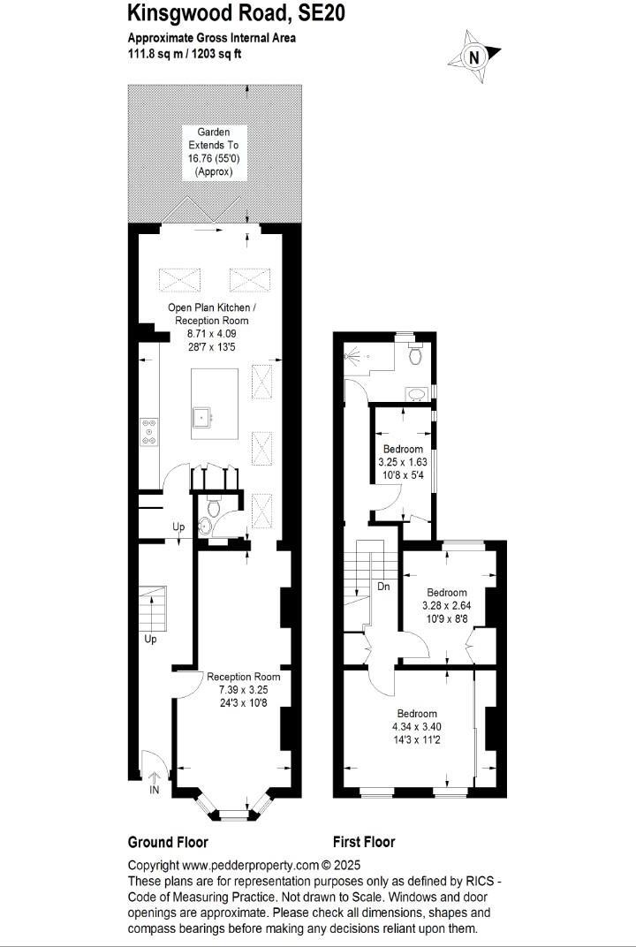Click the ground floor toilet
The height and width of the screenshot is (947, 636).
click(213, 506)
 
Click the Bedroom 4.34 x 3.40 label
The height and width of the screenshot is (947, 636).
click(416, 725)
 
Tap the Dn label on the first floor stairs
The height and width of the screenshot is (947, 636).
click(383, 586)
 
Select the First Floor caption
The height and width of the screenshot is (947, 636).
click(364, 842)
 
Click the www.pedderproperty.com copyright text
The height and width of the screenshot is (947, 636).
click(244, 866)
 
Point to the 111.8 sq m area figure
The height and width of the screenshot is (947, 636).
click(155, 53)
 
